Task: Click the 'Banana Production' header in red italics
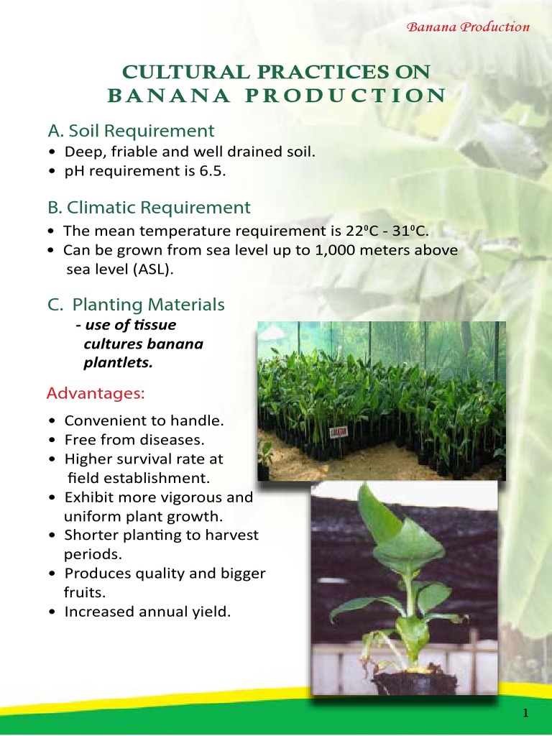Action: click(x=468, y=27)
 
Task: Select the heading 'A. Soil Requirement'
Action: click(x=131, y=131)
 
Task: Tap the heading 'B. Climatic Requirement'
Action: click(x=149, y=208)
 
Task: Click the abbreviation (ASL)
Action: click(x=155, y=270)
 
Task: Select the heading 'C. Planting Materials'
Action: click(x=137, y=305)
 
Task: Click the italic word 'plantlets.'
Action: click(x=119, y=362)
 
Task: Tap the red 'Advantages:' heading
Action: click(x=96, y=394)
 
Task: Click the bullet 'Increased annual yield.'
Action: click(x=147, y=612)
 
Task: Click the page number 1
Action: click(x=526, y=713)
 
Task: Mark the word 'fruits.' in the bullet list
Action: click(x=83, y=594)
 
